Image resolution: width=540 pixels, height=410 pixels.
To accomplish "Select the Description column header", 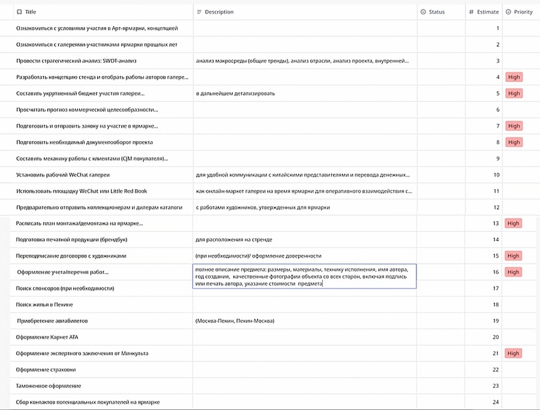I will coord(219,12).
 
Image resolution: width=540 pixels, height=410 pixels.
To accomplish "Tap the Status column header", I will coord(436,12).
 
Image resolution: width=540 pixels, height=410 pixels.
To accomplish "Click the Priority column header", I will coord(523,12).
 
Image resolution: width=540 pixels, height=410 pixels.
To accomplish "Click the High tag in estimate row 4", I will coord(514,77).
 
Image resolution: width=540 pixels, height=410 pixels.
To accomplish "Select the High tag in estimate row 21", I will coord(514,354).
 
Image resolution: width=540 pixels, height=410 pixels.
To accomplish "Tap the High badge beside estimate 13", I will coord(513,223).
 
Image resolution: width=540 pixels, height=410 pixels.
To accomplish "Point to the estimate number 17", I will coord(496,289).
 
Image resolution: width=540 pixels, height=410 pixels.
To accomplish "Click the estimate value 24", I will coord(496,402).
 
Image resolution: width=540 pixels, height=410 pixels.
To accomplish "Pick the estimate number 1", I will coord(497,28).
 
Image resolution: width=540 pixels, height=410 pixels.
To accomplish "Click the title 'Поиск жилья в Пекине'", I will coord(45,305).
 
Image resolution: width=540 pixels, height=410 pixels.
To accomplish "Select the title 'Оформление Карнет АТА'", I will coord(47,337).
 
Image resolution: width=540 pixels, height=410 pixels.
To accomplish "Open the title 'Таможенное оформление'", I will coord(49,386).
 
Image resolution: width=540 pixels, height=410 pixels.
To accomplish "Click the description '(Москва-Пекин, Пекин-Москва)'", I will coord(235,321).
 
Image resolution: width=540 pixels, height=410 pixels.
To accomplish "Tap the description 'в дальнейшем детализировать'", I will coord(235,94).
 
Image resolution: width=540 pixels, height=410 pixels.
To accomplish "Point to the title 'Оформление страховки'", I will coord(46,370).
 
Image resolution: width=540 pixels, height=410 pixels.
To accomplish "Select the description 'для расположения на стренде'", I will coord(234,240).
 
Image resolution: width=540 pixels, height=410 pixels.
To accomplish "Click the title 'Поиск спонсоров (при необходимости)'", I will coord(65,289).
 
